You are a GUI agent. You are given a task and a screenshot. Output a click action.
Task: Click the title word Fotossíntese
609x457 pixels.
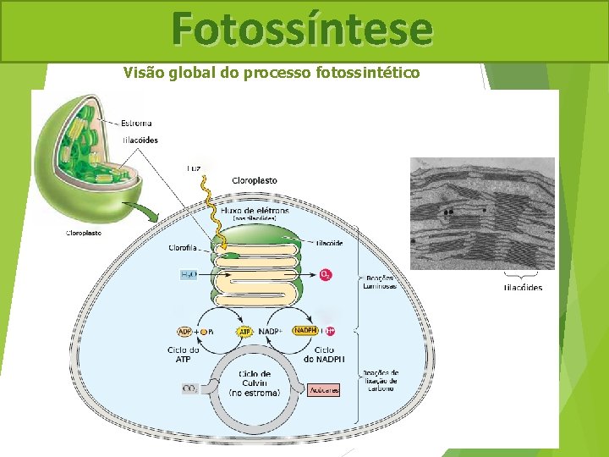pyautogui.click(x=302, y=29)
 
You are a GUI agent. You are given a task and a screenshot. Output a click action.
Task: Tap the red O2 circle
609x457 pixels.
pyautogui.click(x=326, y=275)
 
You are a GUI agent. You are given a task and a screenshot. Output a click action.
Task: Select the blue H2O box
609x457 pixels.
pyautogui.click(x=189, y=275)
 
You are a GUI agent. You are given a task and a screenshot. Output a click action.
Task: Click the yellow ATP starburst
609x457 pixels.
pyautogui.click(x=244, y=331)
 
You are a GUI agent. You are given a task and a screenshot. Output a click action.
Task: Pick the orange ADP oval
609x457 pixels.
pyautogui.click(x=184, y=331)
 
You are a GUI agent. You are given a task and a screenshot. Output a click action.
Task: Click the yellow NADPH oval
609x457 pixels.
pyautogui.click(x=305, y=331)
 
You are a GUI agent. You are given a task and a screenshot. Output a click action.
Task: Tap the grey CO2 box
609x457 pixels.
pyautogui.click(x=190, y=388)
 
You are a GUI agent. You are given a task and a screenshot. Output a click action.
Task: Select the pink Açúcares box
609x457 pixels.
pyautogui.click(x=323, y=390)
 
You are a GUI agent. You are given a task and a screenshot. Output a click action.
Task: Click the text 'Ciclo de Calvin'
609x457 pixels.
pyautogui.click(x=255, y=378)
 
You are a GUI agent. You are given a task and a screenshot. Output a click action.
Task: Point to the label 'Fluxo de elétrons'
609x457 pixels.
pyautogui.click(x=254, y=209)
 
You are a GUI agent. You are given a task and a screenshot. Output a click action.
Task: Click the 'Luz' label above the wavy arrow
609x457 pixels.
pyautogui.click(x=195, y=168)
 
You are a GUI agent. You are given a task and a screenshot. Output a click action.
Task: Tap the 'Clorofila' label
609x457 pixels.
pyautogui.click(x=184, y=248)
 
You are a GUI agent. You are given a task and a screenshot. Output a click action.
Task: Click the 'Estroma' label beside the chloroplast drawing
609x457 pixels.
pyautogui.click(x=136, y=124)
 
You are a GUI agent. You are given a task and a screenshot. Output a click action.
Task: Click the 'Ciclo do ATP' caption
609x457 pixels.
pyautogui.click(x=184, y=355)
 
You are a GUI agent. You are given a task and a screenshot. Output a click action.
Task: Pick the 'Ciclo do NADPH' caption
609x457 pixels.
pyautogui.click(x=323, y=355)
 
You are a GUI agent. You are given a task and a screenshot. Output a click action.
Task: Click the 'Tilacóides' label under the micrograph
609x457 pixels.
pyautogui.click(x=523, y=288)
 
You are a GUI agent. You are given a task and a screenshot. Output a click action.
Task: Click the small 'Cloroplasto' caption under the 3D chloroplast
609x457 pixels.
pyautogui.click(x=84, y=233)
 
